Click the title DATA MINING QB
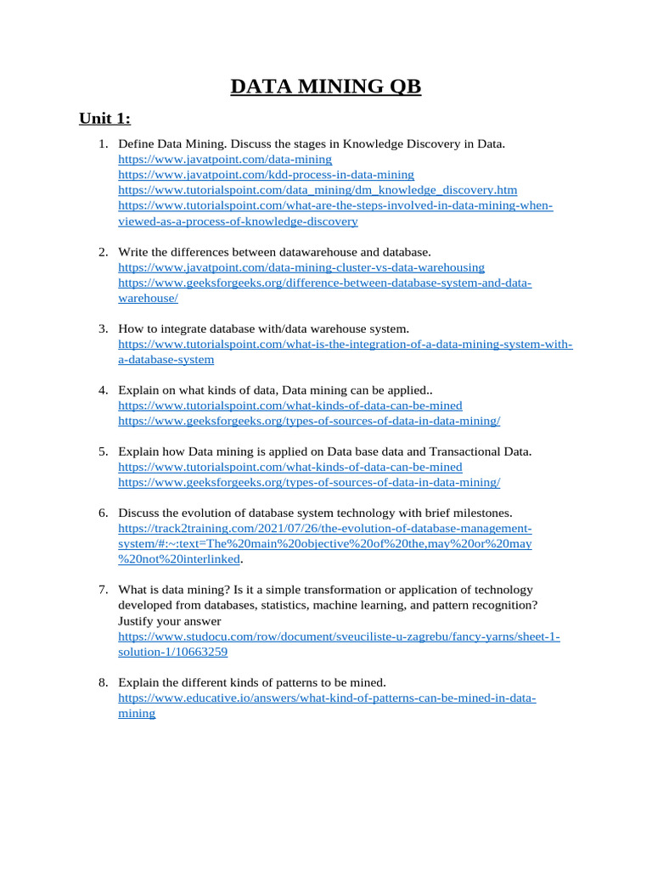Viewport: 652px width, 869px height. coord(326,87)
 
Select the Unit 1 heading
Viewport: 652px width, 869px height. coord(105,118)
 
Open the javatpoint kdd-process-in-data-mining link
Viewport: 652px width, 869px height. coord(266,174)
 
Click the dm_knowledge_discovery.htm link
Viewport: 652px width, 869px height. coord(318,189)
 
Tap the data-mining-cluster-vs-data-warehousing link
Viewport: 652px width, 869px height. coord(301,267)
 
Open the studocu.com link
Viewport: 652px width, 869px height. coord(339,636)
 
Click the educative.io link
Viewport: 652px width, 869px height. coord(327,698)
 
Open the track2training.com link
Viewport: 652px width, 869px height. coord(325,528)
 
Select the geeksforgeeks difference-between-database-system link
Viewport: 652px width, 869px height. coord(325,283)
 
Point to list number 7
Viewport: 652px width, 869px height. coord(103,590)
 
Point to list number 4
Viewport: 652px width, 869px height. coord(103,390)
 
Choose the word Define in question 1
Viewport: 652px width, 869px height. coord(137,143)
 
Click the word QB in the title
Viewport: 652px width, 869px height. coord(402,87)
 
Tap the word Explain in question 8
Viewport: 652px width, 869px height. coord(139,682)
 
